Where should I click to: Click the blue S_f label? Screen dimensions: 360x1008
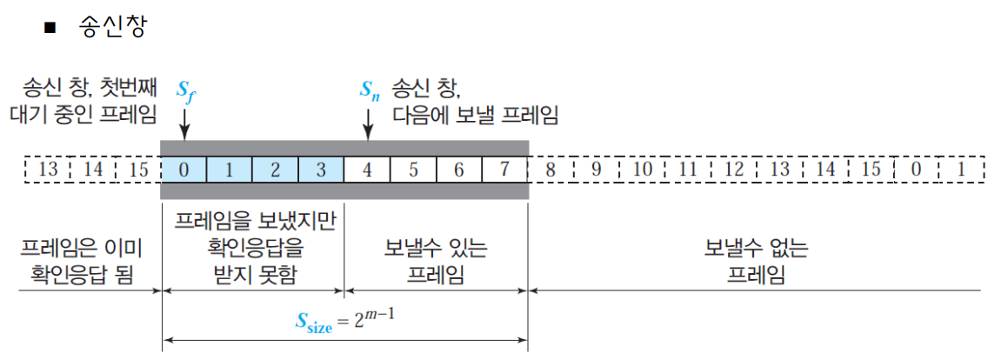click(186, 91)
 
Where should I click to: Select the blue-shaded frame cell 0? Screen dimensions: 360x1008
click(184, 170)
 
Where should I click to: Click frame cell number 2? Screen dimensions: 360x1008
click(275, 170)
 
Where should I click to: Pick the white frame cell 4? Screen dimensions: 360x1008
click(367, 170)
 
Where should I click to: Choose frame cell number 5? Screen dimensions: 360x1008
click(413, 170)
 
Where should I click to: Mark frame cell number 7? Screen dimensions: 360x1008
click(504, 170)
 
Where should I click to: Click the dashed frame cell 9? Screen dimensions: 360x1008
click(597, 170)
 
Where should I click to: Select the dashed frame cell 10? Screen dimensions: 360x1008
click(643, 170)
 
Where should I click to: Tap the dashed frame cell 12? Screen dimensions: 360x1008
click(734, 170)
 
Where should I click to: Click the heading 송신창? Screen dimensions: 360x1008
click(112, 27)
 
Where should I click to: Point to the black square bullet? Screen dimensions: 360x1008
click(50, 28)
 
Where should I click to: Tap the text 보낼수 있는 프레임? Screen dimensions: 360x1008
click(435, 262)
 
